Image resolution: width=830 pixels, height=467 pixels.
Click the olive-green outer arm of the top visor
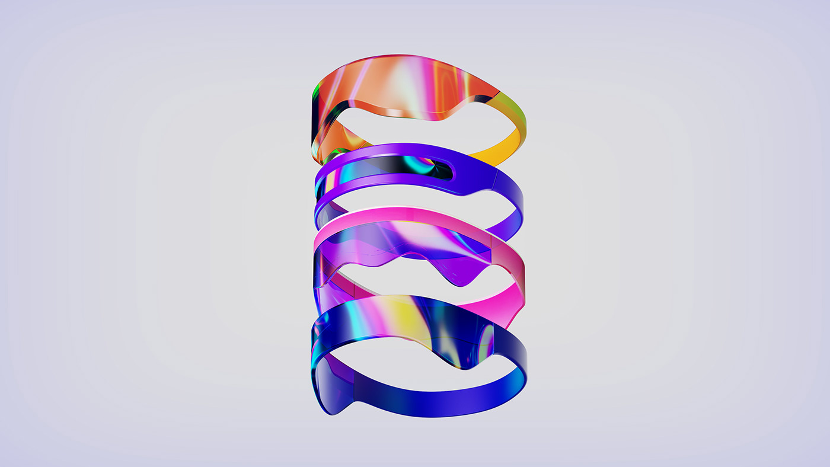tap(516, 116)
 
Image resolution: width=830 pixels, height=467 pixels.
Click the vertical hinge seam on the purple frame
tap(495, 178)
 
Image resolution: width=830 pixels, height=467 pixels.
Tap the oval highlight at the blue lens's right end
tap(486, 344)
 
